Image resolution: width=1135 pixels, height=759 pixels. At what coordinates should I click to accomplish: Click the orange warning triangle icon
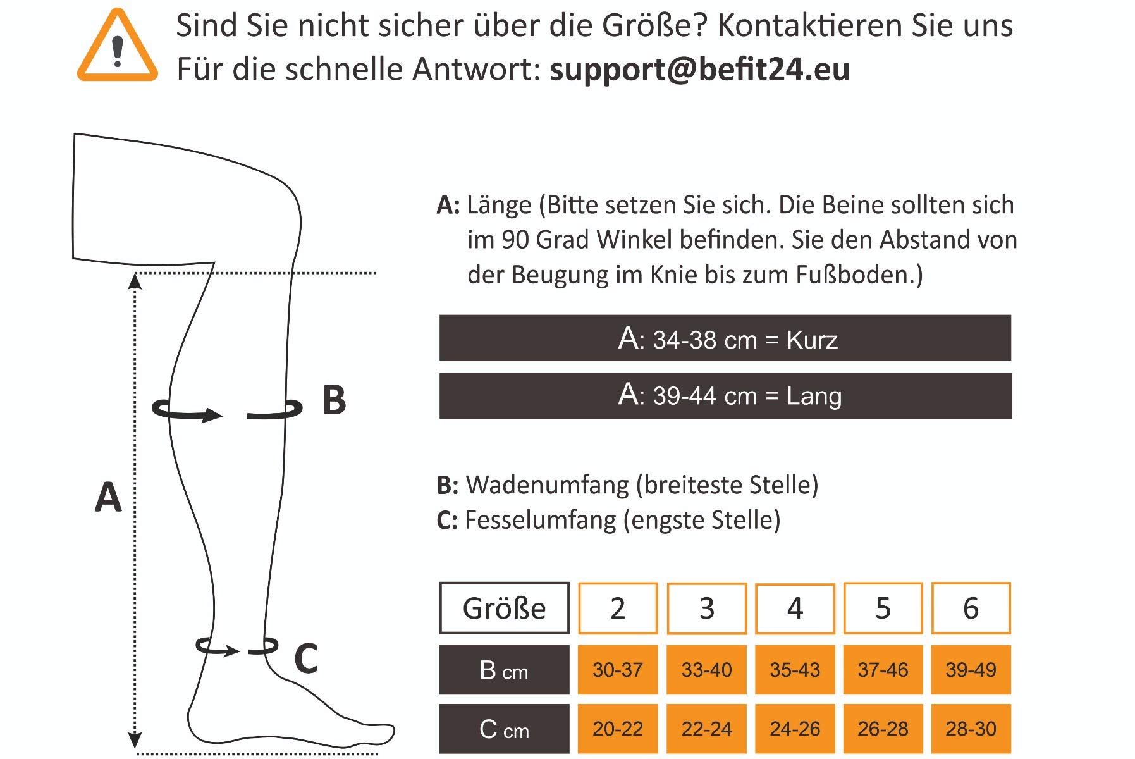click(118, 47)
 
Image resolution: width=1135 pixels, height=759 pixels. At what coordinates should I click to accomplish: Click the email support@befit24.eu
click(699, 70)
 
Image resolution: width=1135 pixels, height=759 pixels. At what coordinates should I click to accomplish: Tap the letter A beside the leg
click(108, 497)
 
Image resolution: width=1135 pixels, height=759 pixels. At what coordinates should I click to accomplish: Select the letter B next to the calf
click(334, 400)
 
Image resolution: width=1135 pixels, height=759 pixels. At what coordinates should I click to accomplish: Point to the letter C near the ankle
click(306, 658)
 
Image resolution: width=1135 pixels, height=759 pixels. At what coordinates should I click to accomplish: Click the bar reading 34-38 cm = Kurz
click(725, 338)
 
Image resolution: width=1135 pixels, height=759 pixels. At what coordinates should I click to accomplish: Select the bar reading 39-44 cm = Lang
click(725, 396)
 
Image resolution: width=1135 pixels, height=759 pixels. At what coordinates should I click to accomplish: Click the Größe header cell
click(505, 608)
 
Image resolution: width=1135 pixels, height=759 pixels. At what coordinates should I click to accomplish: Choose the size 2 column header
click(618, 608)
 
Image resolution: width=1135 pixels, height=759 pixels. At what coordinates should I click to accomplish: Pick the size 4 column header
click(795, 608)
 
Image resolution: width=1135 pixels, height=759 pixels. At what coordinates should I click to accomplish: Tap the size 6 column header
click(971, 608)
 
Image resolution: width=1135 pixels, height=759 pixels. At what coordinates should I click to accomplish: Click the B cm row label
click(505, 670)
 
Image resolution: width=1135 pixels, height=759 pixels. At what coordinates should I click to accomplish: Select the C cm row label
click(505, 729)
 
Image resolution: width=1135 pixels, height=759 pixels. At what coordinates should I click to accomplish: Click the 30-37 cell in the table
click(618, 670)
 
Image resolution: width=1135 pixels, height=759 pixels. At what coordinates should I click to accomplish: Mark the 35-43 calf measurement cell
click(795, 670)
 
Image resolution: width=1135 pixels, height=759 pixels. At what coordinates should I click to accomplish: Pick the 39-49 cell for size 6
click(971, 670)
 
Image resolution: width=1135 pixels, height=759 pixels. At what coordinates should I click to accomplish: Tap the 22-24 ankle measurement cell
click(706, 729)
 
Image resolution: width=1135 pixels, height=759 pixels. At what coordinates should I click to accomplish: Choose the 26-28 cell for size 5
click(883, 729)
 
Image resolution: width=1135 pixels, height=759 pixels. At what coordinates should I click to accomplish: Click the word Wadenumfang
click(548, 485)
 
